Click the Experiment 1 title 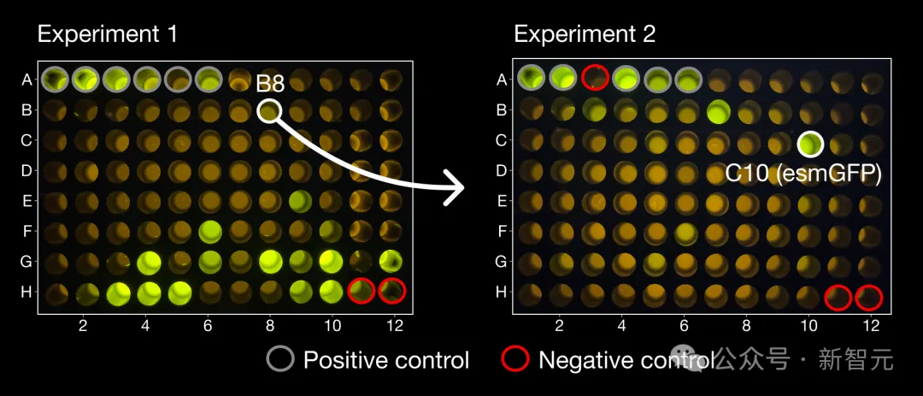click(x=107, y=34)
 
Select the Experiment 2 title click(x=585, y=34)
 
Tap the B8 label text click(x=270, y=84)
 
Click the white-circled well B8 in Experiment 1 click(x=269, y=111)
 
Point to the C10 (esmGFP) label click(x=802, y=173)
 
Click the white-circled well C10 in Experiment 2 click(x=809, y=144)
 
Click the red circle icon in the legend click(x=514, y=360)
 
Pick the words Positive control click(x=386, y=360)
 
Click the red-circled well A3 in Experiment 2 click(x=595, y=79)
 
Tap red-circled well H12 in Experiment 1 click(x=392, y=291)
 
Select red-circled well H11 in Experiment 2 click(x=838, y=297)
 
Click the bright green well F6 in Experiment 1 click(x=209, y=231)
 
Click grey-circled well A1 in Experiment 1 click(x=55, y=79)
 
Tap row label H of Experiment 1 click(x=26, y=292)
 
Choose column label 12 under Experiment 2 click(x=871, y=326)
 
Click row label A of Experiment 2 click(x=502, y=80)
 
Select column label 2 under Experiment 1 click(x=83, y=326)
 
